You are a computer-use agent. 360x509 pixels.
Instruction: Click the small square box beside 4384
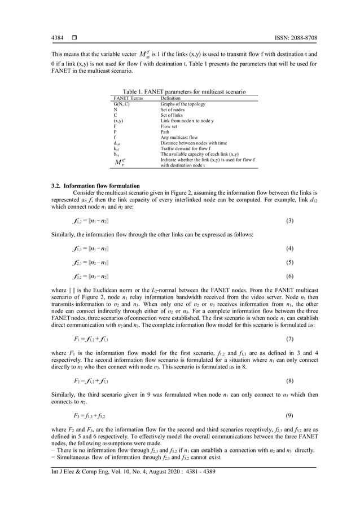73,38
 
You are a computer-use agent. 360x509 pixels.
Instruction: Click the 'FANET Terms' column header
128,98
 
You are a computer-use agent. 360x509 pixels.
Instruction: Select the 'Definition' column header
171,98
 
